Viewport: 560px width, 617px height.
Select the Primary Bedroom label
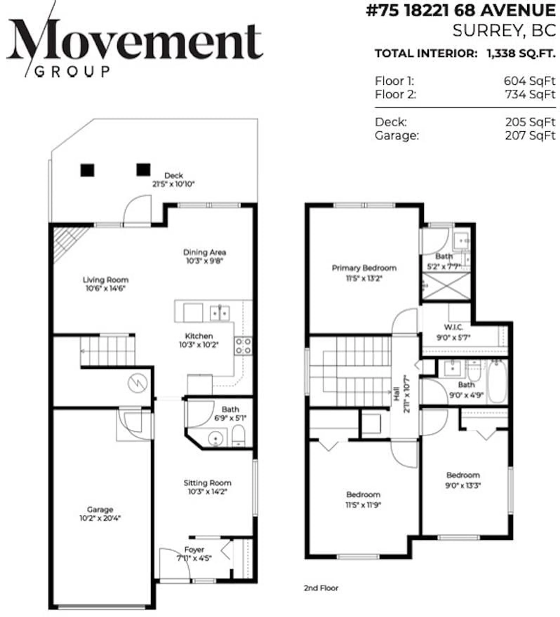(x=364, y=268)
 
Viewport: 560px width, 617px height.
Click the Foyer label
(x=194, y=549)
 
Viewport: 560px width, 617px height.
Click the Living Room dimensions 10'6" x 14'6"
(x=105, y=288)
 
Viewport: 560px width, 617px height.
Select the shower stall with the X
(x=446, y=286)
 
